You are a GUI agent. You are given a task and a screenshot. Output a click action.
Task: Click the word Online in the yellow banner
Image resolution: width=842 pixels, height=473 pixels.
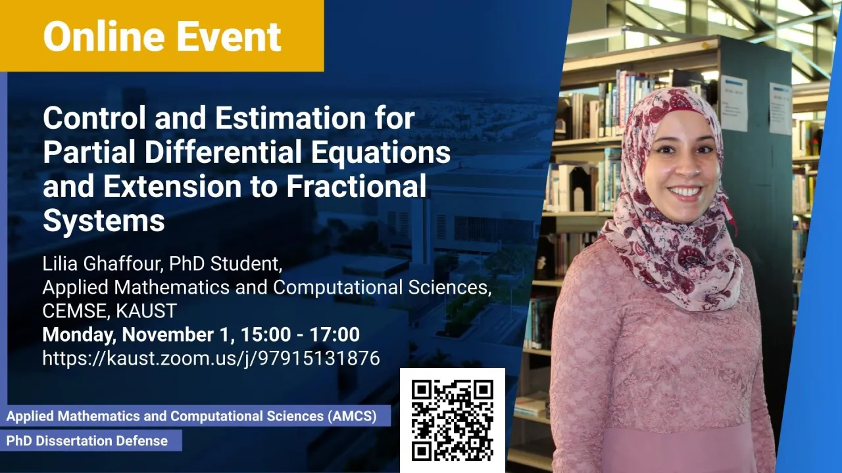(x=105, y=36)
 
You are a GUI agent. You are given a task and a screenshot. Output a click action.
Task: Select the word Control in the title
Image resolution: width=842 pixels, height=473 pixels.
(x=94, y=118)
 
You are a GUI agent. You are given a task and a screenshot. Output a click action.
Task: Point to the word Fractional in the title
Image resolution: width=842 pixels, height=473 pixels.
(x=357, y=186)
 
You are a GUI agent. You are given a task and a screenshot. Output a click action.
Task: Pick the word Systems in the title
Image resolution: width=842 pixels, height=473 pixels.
(x=104, y=221)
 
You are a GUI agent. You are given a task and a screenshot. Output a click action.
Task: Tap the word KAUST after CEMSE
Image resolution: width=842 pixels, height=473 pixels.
(x=146, y=311)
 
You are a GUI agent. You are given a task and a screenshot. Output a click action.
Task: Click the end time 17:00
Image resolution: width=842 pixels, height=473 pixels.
(x=335, y=334)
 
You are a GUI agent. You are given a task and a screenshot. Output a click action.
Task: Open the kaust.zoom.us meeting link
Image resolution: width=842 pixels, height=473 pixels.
(x=211, y=358)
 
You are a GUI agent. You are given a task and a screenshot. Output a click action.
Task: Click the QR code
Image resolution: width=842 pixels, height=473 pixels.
(x=452, y=420)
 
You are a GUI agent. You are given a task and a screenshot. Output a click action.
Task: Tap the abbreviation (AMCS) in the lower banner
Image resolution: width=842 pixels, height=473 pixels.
(x=352, y=417)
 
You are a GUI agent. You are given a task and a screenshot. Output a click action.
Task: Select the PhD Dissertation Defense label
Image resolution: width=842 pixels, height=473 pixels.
(x=87, y=441)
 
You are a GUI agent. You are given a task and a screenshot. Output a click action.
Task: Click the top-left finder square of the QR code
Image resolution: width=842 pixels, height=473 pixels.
(x=422, y=390)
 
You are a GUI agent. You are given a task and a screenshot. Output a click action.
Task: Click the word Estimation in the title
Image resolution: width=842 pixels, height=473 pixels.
(x=290, y=118)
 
